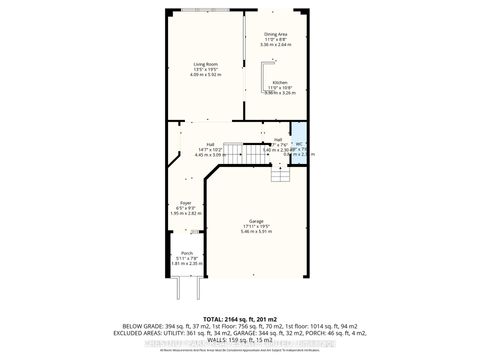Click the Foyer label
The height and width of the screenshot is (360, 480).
185,203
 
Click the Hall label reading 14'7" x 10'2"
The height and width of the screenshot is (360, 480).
211,149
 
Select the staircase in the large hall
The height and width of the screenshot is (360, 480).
233,152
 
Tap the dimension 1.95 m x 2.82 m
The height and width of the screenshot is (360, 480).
185,213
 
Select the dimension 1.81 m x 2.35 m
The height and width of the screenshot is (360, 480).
186,264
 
